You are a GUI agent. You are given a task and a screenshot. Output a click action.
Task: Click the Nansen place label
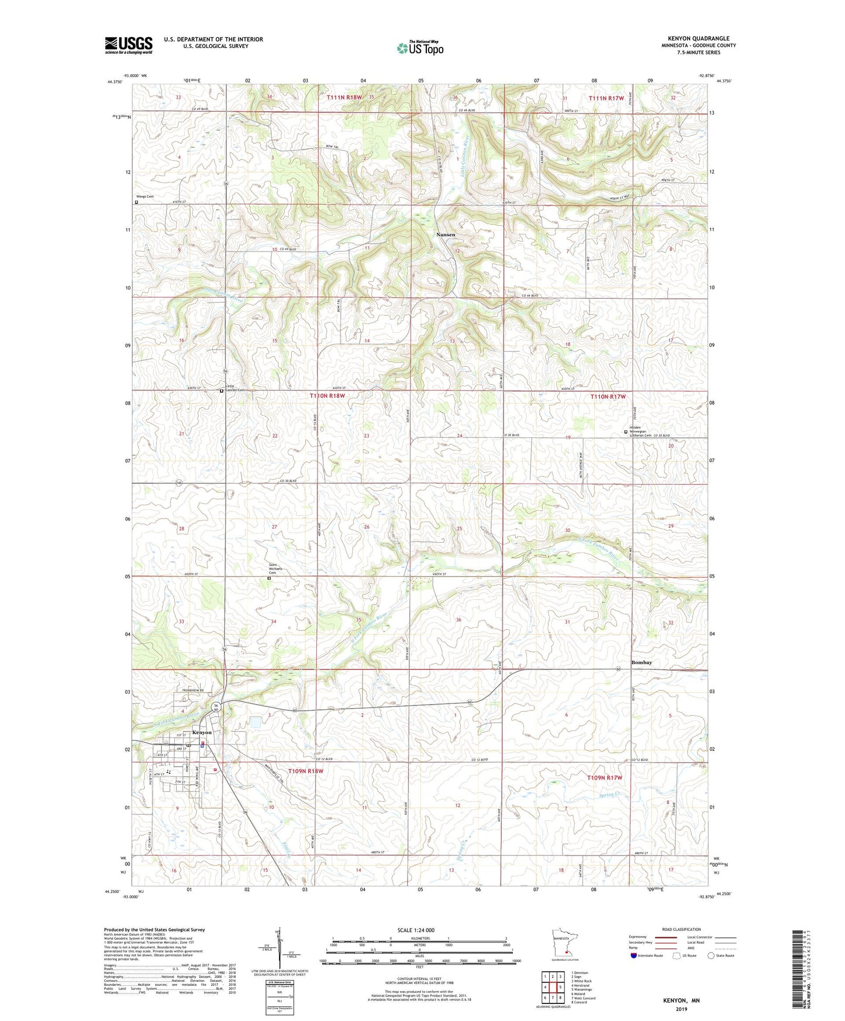pyautogui.click(x=446, y=234)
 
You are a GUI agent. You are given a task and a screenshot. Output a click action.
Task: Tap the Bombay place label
pyautogui.click(x=641, y=663)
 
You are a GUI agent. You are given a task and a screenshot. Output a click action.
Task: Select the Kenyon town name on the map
pyautogui.click(x=202, y=733)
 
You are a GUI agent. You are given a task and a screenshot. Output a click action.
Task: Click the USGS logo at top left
pyautogui.click(x=129, y=45)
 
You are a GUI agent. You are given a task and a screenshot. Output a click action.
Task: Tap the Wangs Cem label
pyautogui.click(x=145, y=196)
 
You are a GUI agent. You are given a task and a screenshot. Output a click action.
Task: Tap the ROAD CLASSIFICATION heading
pyautogui.click(x=681, y=929)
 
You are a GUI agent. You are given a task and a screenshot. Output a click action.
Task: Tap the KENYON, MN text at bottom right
pyautogui.click(x=681, y=1001)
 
